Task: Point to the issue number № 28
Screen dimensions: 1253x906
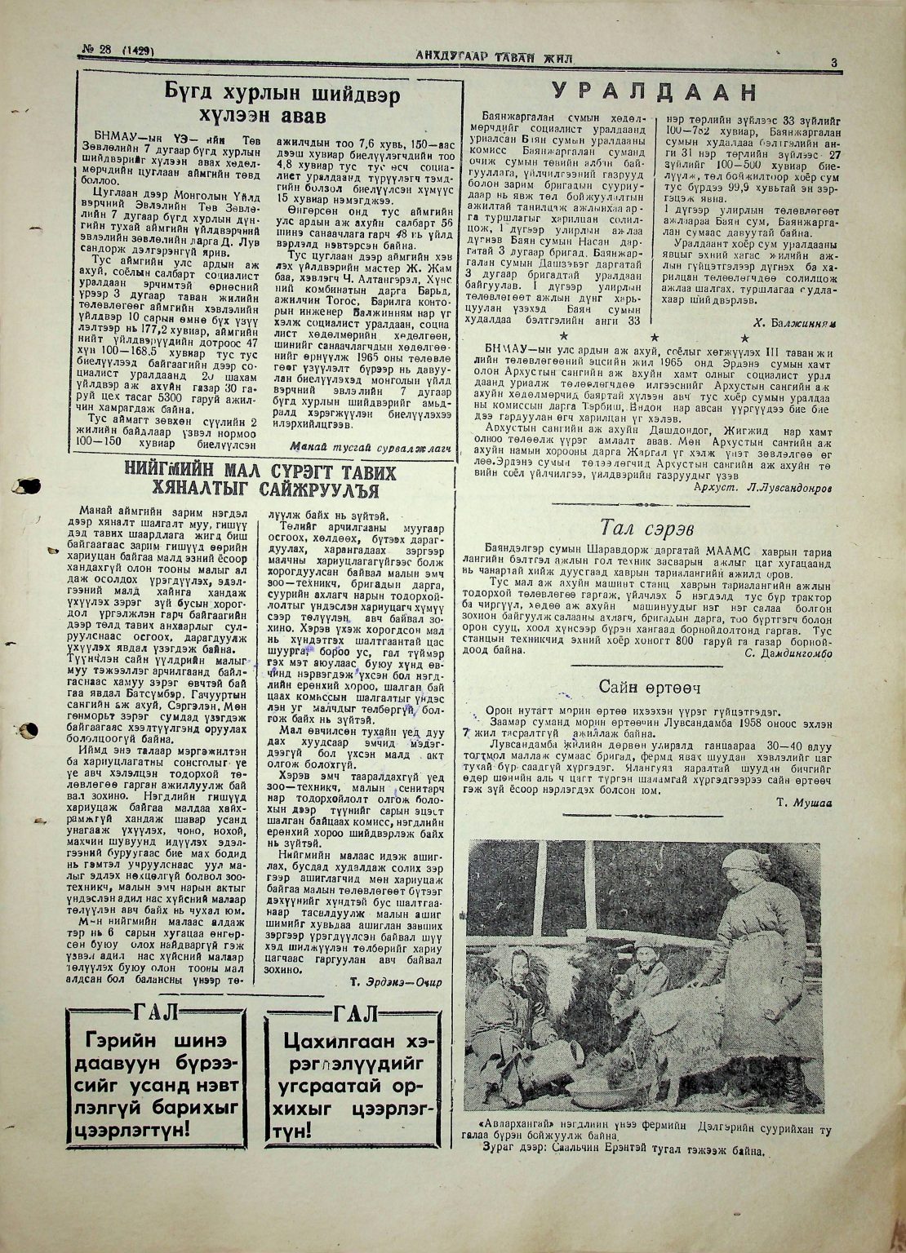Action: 98,51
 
